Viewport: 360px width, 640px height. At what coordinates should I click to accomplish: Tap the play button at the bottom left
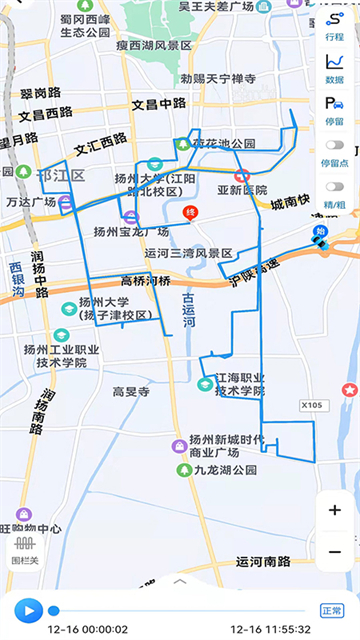coord(28,610)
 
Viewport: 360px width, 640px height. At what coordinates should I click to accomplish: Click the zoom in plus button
coord(334,510)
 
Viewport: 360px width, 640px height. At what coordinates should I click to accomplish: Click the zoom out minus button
coord(334,551)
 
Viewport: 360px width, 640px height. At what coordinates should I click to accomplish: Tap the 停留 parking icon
coord(334,109)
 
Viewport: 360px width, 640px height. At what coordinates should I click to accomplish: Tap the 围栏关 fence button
coord(24,549)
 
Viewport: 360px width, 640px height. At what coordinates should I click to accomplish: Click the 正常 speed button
coord(332,610)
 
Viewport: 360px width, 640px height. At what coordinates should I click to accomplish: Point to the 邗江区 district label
coord(61,174)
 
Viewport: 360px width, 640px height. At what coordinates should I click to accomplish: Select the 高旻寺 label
coord(130,393)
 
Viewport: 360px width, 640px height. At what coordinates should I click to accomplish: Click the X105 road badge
coord(314,405)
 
